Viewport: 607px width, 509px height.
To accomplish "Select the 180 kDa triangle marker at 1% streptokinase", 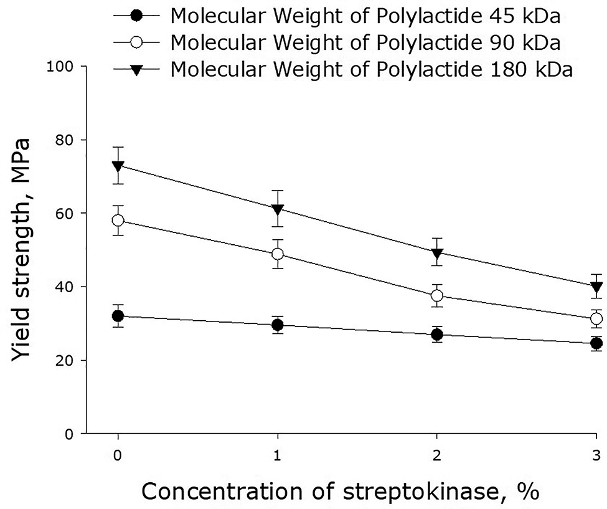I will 278,209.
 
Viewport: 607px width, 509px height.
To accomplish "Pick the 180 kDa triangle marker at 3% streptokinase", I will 596,287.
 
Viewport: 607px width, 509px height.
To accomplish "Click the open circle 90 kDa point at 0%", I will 118,221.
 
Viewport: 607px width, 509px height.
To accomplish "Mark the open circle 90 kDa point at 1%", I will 278,254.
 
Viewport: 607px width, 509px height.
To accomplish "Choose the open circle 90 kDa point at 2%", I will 437,295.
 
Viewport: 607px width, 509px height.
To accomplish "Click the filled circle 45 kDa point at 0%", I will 118,316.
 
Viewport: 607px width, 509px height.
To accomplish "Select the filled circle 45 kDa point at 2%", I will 437,335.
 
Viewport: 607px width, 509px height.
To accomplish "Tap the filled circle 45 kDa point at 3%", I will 596,343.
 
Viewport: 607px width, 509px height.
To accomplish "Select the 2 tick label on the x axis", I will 437,455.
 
